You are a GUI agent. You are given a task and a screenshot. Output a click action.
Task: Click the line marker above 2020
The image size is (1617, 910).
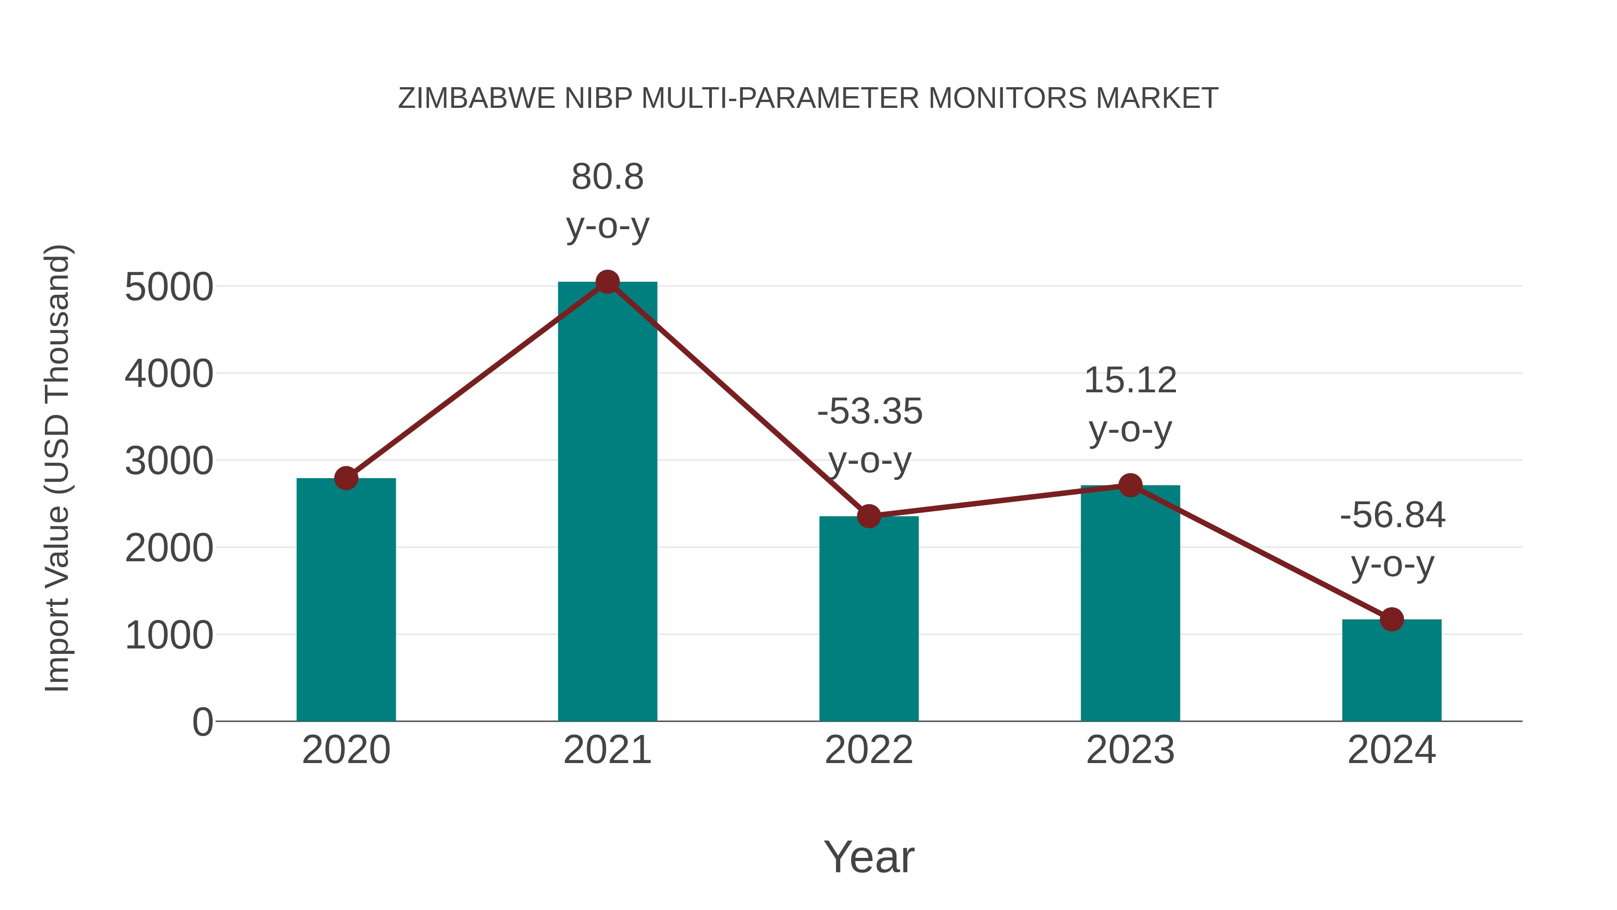point(346,479)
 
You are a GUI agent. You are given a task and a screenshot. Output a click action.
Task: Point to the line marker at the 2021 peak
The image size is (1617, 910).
point(607,282)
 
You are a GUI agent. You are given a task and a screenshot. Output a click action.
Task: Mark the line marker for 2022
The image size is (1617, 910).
point(869,516)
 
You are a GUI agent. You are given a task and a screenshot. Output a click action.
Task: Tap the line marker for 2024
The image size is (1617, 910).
point(1392,620)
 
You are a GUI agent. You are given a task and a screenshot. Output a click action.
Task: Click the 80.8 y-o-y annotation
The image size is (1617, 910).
point(607,201)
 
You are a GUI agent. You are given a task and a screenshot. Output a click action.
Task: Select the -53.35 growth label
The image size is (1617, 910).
point(870,436)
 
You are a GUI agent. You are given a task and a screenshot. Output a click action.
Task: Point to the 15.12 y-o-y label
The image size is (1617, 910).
point(1130,405)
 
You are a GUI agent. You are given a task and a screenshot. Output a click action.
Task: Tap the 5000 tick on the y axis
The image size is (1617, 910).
point(169,288)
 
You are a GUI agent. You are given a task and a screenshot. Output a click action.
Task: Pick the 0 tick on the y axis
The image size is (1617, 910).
point(202,722)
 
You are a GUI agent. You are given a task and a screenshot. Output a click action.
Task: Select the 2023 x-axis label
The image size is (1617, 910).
point(1130,750)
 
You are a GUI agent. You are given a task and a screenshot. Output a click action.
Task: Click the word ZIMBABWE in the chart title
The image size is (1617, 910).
point(477,98)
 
